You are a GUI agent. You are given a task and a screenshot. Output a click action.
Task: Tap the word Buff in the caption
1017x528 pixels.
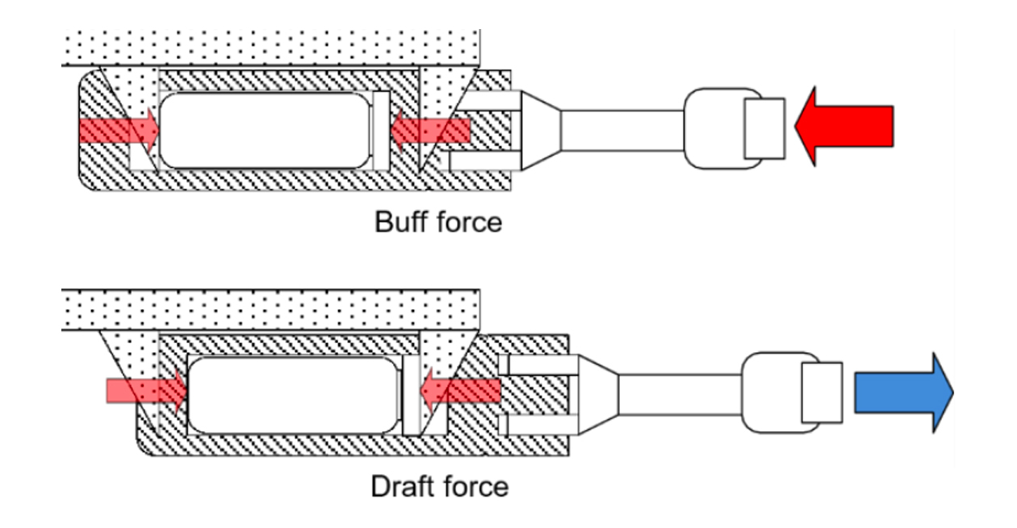[401, 221]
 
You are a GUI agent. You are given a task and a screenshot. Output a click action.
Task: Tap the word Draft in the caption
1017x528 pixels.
[403, 486]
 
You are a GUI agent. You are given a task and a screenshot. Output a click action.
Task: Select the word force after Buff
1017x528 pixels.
[469, 221]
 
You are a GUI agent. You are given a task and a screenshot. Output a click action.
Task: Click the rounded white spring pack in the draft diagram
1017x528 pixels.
[294, 394]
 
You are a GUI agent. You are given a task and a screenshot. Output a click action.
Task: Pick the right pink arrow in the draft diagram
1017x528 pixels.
[460, 392]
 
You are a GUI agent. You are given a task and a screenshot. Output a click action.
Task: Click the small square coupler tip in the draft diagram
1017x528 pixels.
[822, 392]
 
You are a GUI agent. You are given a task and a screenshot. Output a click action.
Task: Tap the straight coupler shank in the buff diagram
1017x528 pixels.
[622, 130]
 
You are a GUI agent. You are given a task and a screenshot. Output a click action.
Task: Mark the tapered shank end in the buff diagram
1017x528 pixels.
[541, 130]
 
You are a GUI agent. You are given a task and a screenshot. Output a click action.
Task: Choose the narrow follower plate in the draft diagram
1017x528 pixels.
[412, 394]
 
